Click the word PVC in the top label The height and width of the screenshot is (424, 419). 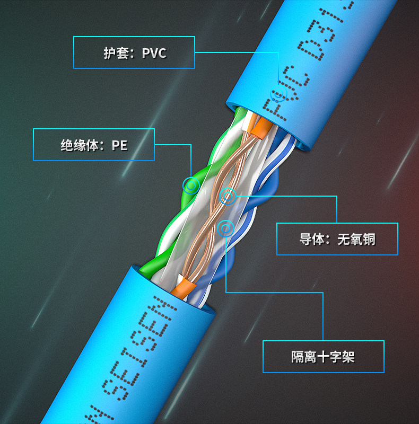point(154,53)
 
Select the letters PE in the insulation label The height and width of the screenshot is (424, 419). point(120,145)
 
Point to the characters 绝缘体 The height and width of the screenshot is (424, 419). point(80,145)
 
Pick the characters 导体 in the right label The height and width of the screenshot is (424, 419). point(311,239)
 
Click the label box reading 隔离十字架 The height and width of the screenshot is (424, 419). point(323,357)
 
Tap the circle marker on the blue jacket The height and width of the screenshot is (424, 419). point(278,94)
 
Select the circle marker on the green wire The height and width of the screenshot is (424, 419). point(191,185)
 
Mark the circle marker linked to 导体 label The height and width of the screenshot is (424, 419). point(228,197)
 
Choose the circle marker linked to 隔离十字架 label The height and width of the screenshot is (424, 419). point(226,228)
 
